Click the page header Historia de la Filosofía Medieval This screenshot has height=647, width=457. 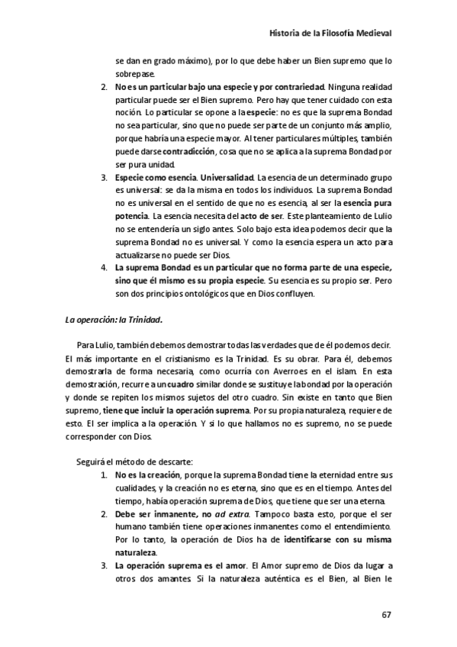(332, 34)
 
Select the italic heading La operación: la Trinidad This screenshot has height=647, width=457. (114, 321)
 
